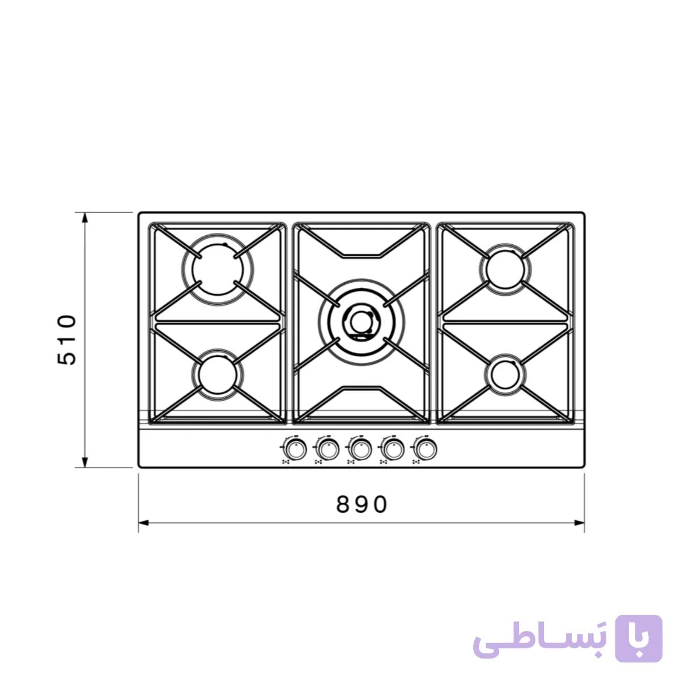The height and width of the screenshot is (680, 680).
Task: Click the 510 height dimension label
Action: tap(67, 340)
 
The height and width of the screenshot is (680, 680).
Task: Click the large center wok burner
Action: tap(362, 322)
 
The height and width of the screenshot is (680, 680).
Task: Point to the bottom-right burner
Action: tap(505, 375)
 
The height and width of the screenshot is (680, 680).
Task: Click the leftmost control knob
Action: tap(295, 449)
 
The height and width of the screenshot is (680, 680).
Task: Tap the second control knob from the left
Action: tap(328, 449)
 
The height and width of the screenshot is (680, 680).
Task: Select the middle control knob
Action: tap(360, 449)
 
